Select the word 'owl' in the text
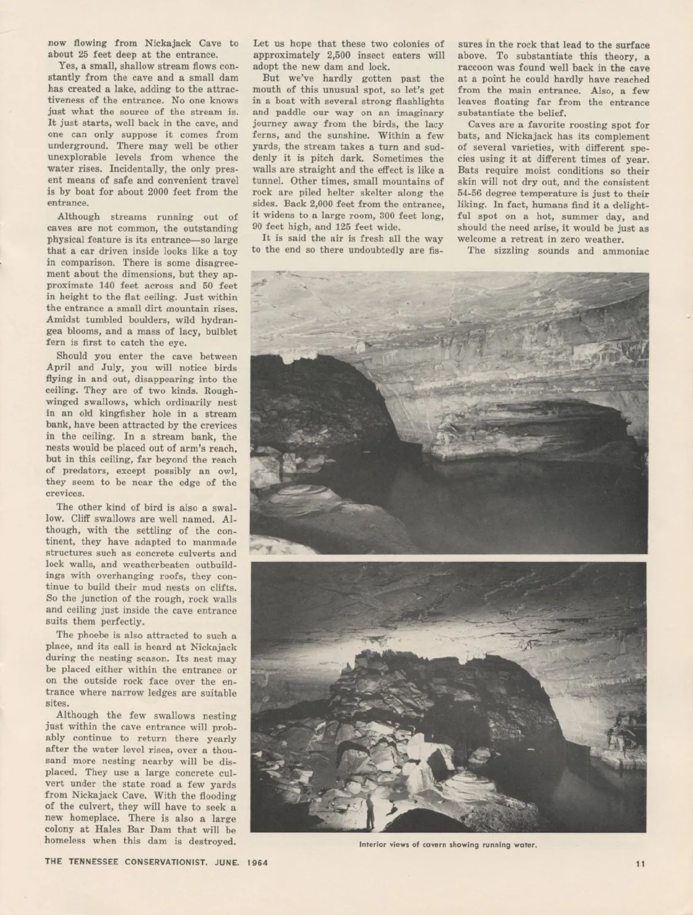pyautogui.click(x=228, y=471)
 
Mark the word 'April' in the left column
pyautogui.click(x=61, y=367)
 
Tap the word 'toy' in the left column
pyautogui.click(x=229, y=251)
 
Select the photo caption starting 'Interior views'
pyautogui.click(x=448, y=845)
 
